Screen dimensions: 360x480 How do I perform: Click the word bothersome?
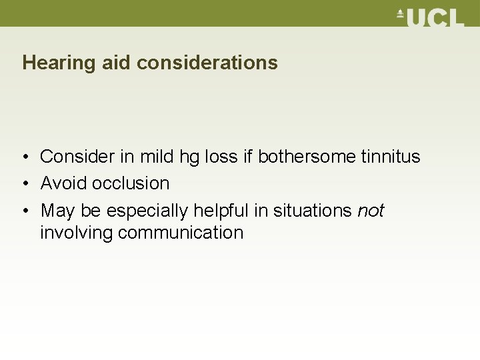305,157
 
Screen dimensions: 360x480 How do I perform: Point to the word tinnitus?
389,157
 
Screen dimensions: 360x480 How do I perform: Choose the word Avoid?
64,183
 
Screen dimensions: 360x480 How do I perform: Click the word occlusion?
131,183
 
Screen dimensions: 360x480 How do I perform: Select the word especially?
147,211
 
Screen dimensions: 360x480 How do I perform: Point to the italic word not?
371,211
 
